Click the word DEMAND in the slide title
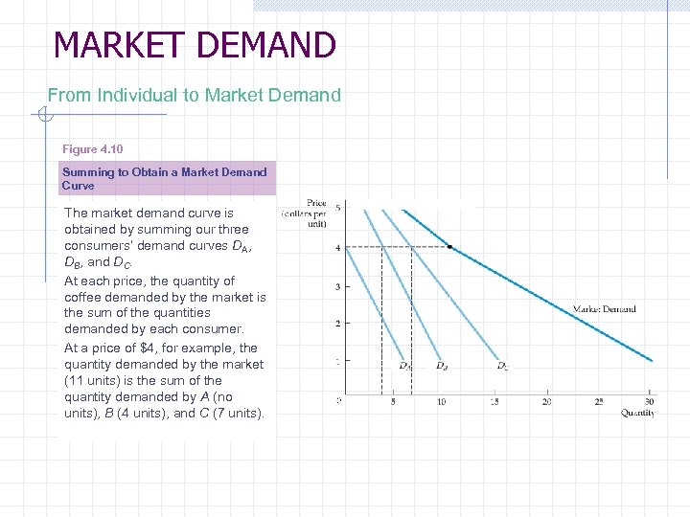click(x=269, y=45)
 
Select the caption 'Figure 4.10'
click(x=93, y=149)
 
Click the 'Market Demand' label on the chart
click(x=604, y=309)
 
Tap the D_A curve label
click(x=405, y=365)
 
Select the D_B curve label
click(x=441, y=365)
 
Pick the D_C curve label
click(x=502, y=365)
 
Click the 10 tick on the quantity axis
click(x=441, y=401)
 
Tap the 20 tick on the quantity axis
click(x=546, y=401)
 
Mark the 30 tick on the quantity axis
click(x=650, y=401)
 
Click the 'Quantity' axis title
click(x=637, y=413)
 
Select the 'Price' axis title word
click(x=316, y=203)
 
